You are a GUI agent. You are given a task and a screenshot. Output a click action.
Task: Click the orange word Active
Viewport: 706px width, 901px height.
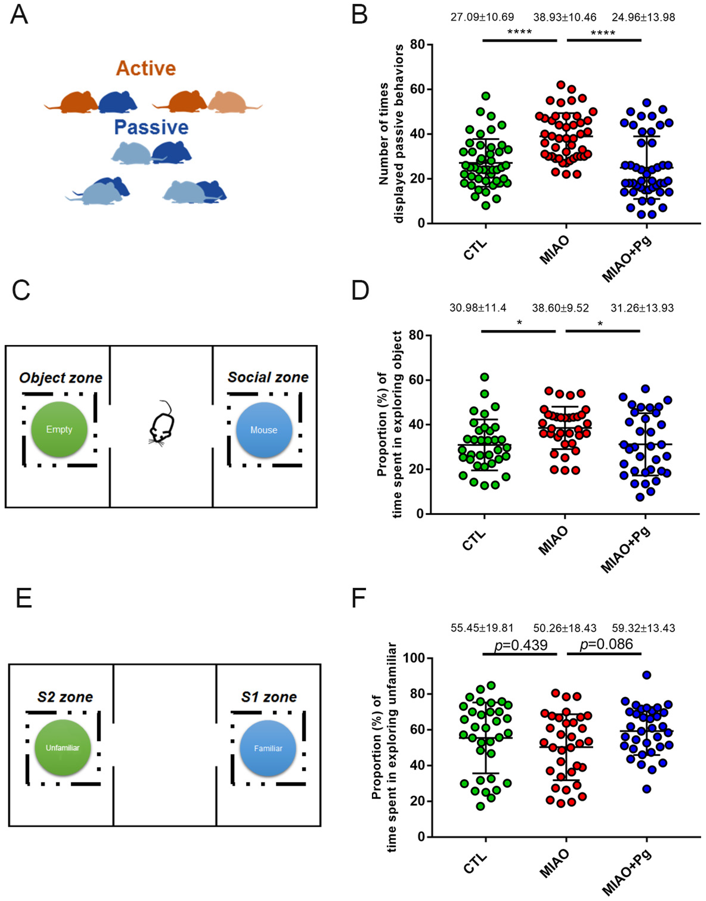[146, 68]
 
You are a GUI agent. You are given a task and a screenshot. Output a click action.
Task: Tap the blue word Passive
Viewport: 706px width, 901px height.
[151, 127]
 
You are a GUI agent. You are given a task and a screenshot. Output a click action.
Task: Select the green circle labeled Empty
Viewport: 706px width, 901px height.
[59, 429]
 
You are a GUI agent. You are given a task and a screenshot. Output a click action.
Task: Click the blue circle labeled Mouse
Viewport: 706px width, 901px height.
[264, 430]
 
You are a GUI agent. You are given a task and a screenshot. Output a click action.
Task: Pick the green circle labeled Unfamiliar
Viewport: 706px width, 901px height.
[62, 747]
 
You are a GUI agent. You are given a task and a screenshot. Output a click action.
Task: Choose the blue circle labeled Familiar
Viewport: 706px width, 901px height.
[268, 748]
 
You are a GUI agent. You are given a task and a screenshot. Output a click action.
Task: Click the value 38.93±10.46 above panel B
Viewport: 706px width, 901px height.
[564, 17]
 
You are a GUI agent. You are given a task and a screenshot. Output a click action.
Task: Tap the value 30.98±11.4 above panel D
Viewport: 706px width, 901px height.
[478, 308]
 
